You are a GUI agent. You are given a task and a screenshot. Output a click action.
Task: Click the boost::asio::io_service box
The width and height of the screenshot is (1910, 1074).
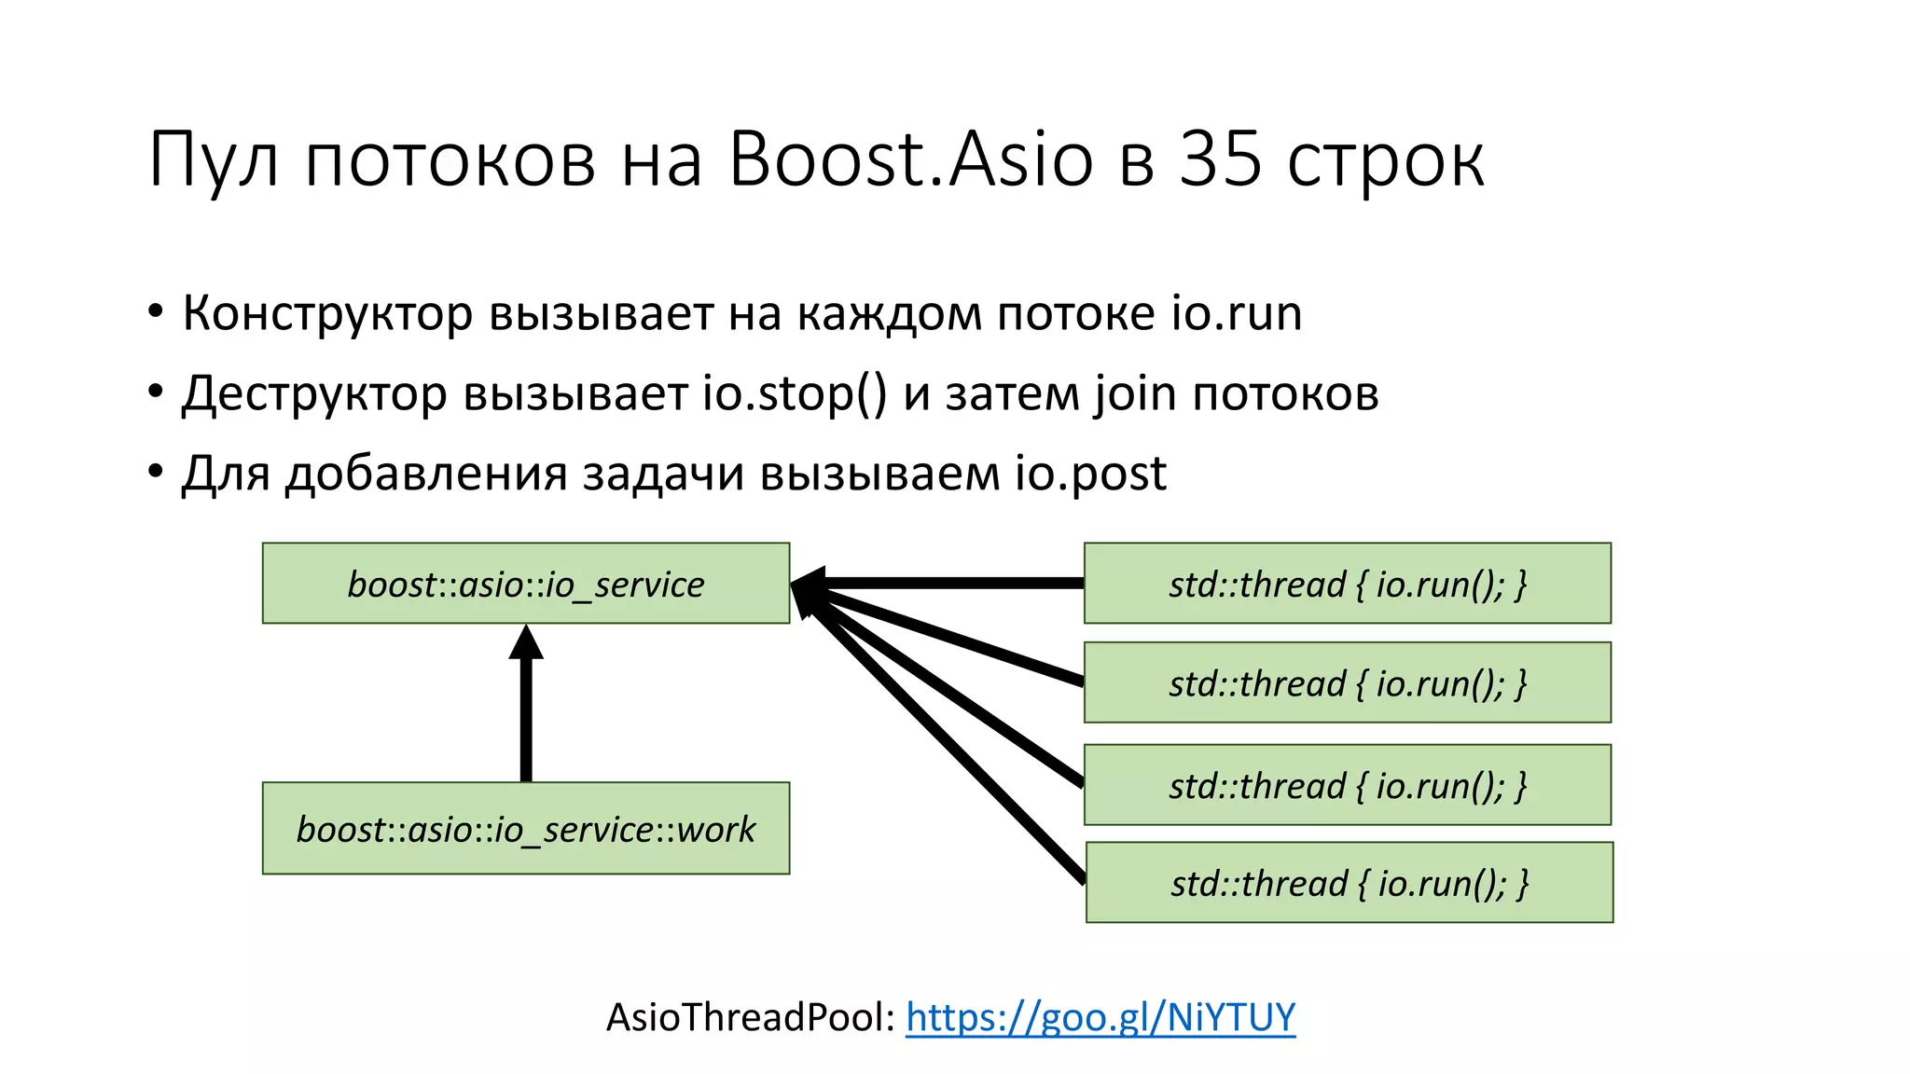pos(526,584)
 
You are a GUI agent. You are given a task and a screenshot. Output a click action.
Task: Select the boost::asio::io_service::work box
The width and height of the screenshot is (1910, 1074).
pos(526,828)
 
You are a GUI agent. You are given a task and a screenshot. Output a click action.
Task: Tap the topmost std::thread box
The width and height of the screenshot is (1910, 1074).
pos(1347,584)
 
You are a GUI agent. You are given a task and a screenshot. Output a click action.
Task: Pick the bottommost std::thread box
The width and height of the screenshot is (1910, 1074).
pos(1349,882)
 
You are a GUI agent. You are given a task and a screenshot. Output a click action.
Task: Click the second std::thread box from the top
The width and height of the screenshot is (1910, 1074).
pos(1347,682)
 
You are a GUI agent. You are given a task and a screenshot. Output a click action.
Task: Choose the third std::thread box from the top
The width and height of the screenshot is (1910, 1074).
pos(1347,785)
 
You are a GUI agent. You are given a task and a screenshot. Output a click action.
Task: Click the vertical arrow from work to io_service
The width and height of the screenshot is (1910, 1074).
pos(526,709)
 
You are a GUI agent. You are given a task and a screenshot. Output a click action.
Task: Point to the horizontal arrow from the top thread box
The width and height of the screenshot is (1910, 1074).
pos(942,584)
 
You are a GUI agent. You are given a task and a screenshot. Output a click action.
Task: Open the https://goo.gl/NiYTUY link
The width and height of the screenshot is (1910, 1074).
pos(1100,1016)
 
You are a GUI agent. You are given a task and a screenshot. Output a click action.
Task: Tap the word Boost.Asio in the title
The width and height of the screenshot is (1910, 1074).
pos(910,158)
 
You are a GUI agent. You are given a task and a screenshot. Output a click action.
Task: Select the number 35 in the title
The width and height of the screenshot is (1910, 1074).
pos(1221,158)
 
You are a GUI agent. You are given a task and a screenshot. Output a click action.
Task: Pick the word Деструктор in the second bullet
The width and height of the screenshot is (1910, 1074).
pos(314,393)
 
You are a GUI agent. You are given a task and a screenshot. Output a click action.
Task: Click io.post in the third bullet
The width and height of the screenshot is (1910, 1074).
pos(1090,474)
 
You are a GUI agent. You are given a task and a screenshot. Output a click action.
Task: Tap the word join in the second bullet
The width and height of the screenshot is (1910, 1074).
pos(1135,393)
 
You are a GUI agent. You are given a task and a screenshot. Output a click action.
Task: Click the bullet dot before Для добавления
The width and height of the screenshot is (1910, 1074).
pos(156,472)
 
